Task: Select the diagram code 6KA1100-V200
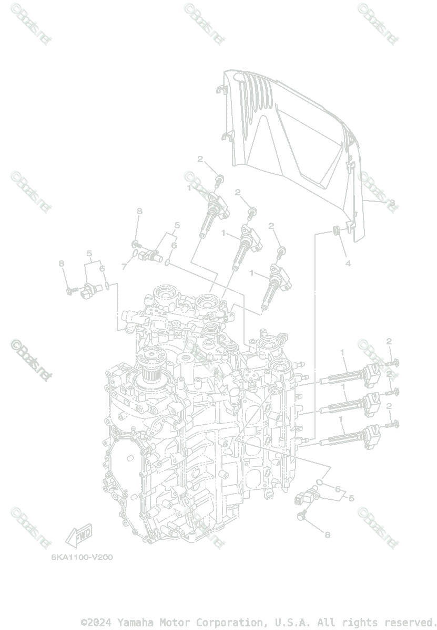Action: [x=82, y=557]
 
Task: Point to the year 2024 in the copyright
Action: [x=101, y=623]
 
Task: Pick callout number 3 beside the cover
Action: [x=391, y=202]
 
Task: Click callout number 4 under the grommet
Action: [x=348, y=263]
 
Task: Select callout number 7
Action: [x=124, y=267]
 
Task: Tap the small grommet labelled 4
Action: [x=333, y=231]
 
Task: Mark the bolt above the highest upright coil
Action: [x=220, y=181]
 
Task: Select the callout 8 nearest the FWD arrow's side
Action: [x=62, y=264]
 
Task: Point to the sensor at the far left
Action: [x=89, y=288]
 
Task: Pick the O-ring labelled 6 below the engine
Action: [x=320, y=481]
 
